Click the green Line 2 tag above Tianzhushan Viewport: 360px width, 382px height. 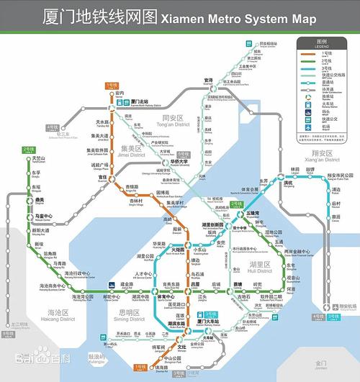(28, 149)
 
